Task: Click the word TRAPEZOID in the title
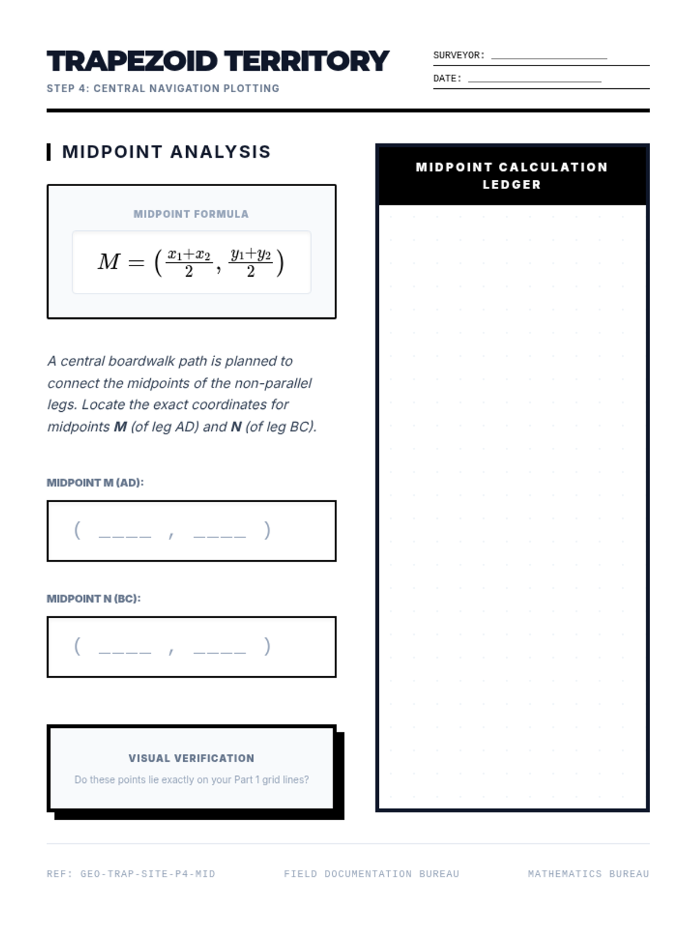click(x=132, y=61)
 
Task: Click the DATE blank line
click(x=534, y=81)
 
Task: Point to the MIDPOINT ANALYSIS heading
click(x=166, y=152)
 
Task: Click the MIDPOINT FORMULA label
click(x=191, y=214)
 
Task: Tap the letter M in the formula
click(x=109, y=262)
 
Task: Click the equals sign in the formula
click(x=136, y=263)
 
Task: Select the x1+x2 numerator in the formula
click(x=189, y=254)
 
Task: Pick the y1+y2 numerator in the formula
click(x=251, y=254)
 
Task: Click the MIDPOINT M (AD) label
click(x=95, y=483)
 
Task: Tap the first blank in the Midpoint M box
click(x=125, y=534)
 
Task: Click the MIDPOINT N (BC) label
click(x=93, y=599)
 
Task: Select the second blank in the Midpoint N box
click(x=219, y=650)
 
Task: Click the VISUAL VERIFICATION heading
click(x=191, y=758)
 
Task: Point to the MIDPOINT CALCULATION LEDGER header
click(x=512, y=176)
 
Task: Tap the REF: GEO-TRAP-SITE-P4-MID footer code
click(x=131, y=873)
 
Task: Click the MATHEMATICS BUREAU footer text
click(x=588, y=873)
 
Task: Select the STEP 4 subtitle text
click(x=163, y=89)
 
